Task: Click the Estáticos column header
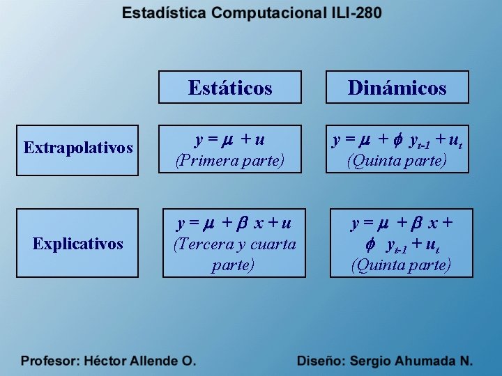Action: tap(230, 88)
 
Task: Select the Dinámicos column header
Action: tap(397, 88)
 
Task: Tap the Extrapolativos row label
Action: tap(78, 148)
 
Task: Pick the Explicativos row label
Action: tap(78, 244)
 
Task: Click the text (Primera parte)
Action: tap(230, 161)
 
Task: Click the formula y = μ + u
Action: tap(230, 140)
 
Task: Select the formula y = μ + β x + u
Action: tap(234, 224)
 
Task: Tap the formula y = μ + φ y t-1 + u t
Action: tap(397, 141)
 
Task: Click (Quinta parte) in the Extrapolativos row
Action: tap(397, 161)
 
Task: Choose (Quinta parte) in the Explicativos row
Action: tap(401, 265)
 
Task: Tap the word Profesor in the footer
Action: tap(50, 361)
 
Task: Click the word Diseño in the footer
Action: tap(320, 361)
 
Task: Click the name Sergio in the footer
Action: tap(370, 361)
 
